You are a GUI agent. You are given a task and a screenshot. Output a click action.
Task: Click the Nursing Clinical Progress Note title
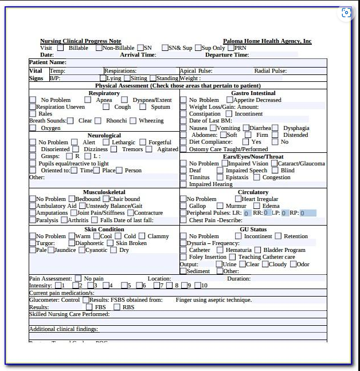(80, 41)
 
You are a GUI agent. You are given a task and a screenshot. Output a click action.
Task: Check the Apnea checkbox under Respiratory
(88, 100)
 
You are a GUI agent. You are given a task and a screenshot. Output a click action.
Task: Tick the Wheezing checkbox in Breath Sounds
(133, 121)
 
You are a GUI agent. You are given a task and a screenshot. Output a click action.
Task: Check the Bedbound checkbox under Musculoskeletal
(71, 199)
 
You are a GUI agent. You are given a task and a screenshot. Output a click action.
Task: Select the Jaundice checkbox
(51, 250)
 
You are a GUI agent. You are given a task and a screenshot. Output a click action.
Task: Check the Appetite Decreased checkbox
(229, 100)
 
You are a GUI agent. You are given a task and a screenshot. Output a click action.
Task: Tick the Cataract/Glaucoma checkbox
(273, 164)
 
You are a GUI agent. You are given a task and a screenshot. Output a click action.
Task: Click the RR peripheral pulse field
(267, 213)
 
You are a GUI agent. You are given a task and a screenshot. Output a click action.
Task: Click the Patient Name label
(48, 62)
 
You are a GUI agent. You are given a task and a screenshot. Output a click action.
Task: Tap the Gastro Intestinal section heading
(253, 93)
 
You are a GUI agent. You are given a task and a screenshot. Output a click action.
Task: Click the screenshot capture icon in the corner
(346, 13)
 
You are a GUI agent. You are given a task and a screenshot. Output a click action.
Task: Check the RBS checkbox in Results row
(117, 307)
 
